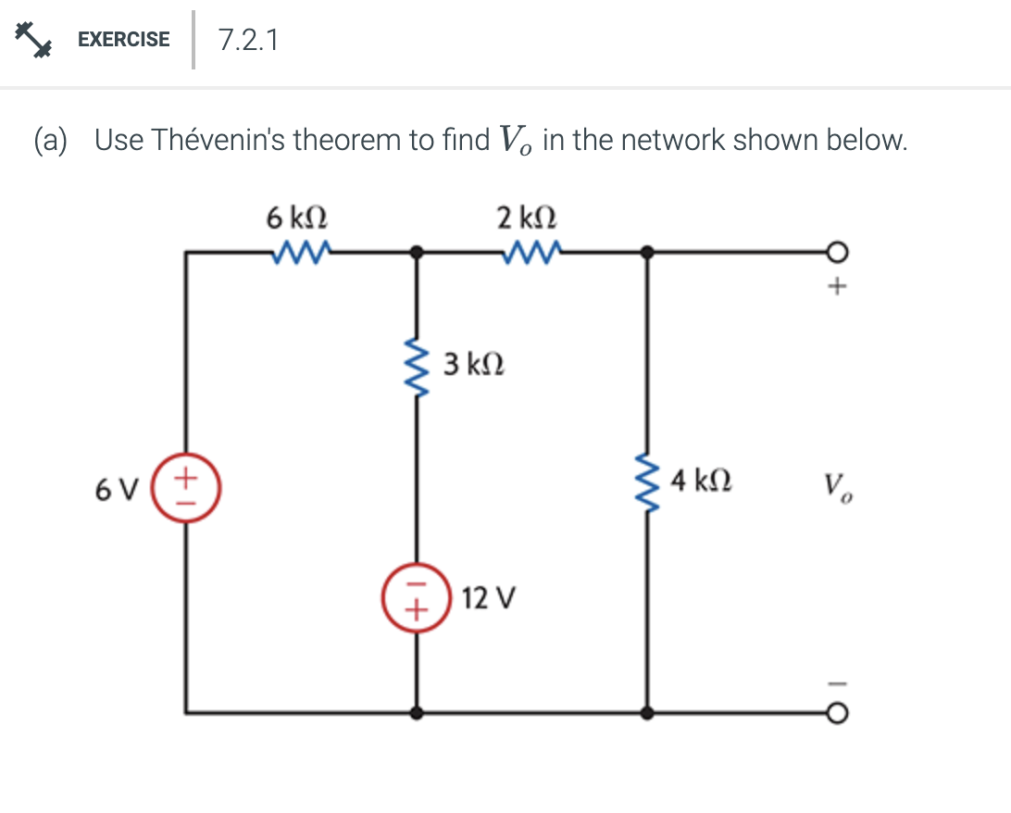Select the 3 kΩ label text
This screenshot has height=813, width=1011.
coord(474,364)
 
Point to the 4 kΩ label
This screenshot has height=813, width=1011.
coord(702,481)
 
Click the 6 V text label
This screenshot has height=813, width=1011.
coord(116,489)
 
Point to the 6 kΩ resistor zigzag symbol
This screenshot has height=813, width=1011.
coord(303,250)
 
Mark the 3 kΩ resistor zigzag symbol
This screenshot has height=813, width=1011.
coord(416,364)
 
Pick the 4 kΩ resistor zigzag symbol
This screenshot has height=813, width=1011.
coord(646,481)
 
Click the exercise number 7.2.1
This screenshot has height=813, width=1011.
coord(248,40)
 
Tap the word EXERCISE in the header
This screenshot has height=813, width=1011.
coord(124,40)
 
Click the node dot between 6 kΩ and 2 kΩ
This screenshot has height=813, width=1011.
coord(417,251)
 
